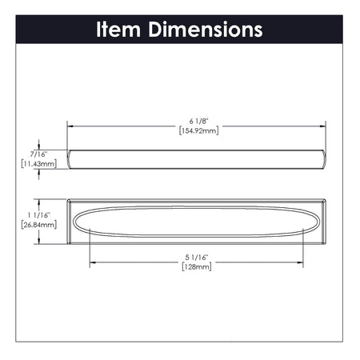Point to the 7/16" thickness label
(x=37, y=153)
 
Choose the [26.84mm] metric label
(x=38, y=226)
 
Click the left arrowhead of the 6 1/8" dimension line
(x=70, y=126)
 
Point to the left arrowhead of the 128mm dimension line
(x=92, y=261)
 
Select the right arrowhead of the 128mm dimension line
(x=301, y=261)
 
